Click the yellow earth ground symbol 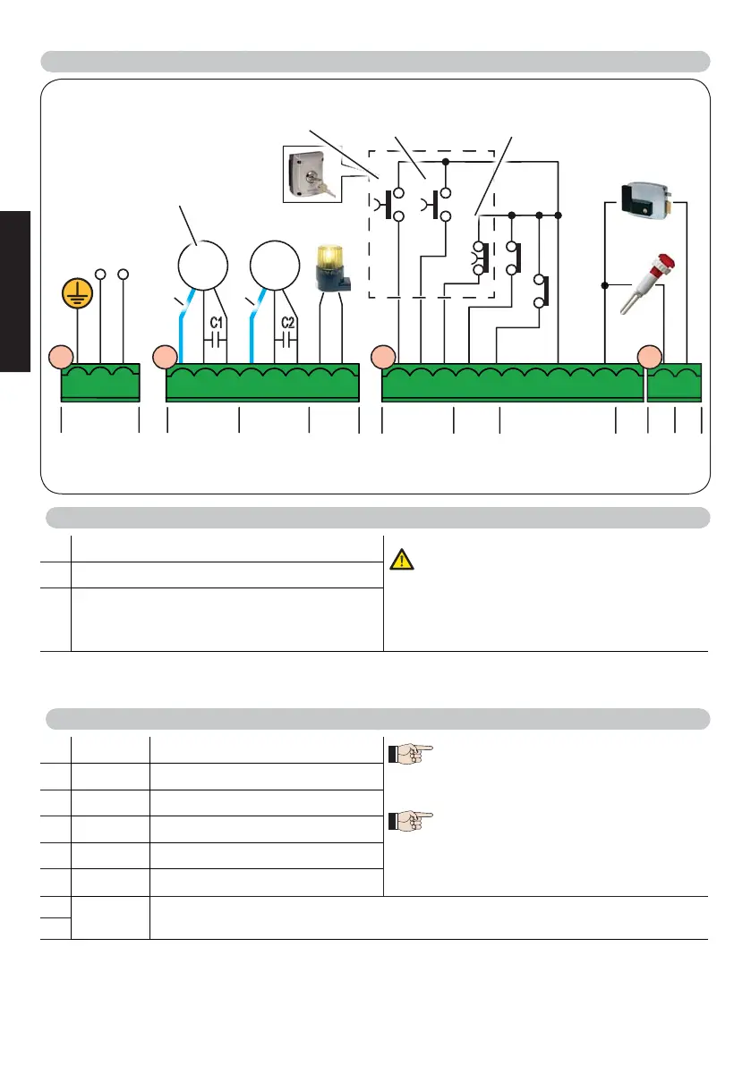pyautogui.click(x=78, y=292)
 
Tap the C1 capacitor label pyautogui.click(x=216, y=323)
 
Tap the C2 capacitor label pyautogui.click(x=287, y=323)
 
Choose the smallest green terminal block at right pyautogui.click(x=674, y=383)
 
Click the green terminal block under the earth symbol pyautogui.click(x=100, y=383)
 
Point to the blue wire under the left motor pyautogui.click(x=183, y=331)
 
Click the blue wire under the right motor pyautogui.click(x=254, y=331)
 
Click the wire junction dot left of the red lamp pyautogui.click(x=605, y=285)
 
